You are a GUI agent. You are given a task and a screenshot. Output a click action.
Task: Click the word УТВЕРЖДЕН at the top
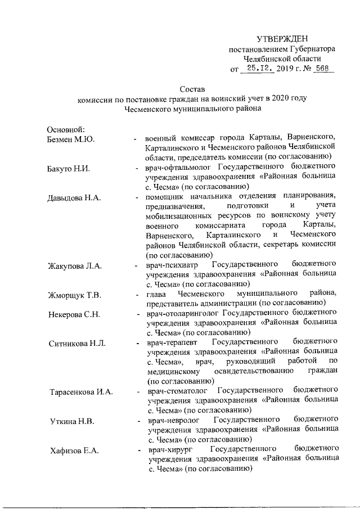[x=282, y=38]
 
